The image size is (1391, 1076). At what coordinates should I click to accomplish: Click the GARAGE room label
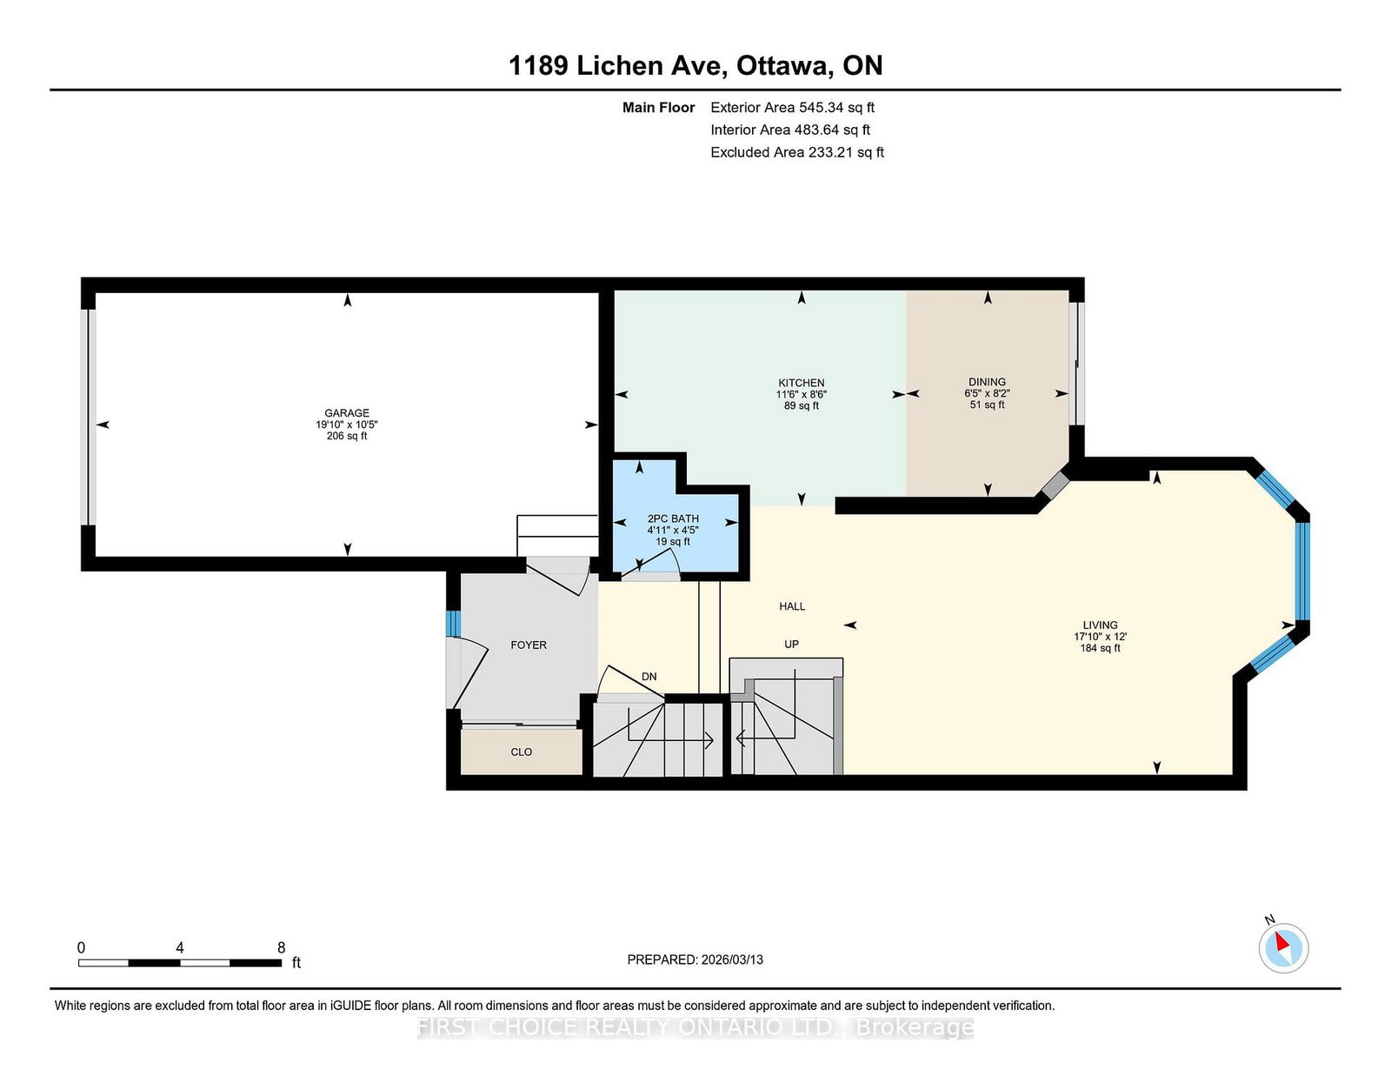tap(347, 413)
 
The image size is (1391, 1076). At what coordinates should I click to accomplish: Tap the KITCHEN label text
tap(801, 383)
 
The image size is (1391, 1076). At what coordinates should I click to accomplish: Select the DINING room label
tap(987, 382)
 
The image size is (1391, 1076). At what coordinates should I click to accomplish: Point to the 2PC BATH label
tap(673, 518)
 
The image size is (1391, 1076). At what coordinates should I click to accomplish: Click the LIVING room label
tap(1100, 625)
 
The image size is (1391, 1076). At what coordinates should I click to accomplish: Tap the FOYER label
tap(529, 645)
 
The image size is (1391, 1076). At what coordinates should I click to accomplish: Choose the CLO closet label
tap(521, 752)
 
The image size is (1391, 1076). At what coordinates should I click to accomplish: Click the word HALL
tap(792, 606)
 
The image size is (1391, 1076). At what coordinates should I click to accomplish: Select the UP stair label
tap(791, 644)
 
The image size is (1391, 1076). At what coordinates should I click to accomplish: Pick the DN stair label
tap(649, 677)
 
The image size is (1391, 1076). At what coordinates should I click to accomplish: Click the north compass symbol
tap(1283, 947)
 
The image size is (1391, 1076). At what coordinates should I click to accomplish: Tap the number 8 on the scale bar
tap(281, 947)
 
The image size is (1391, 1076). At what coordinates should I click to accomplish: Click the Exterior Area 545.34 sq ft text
tap(792, 108)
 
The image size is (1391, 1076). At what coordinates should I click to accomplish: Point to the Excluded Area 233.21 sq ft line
tap(796, 152)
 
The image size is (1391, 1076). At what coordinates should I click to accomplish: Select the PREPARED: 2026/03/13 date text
tap(695, 959)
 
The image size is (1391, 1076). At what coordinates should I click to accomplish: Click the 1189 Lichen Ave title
tap(695, 65)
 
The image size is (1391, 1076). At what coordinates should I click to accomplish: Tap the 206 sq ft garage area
tap(347, 436)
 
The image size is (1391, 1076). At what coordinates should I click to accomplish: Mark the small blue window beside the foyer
tap(452, 624)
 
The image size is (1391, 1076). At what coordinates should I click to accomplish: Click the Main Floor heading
tap(658, 108)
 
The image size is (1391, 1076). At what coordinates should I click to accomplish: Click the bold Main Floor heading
tap(658, 108)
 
